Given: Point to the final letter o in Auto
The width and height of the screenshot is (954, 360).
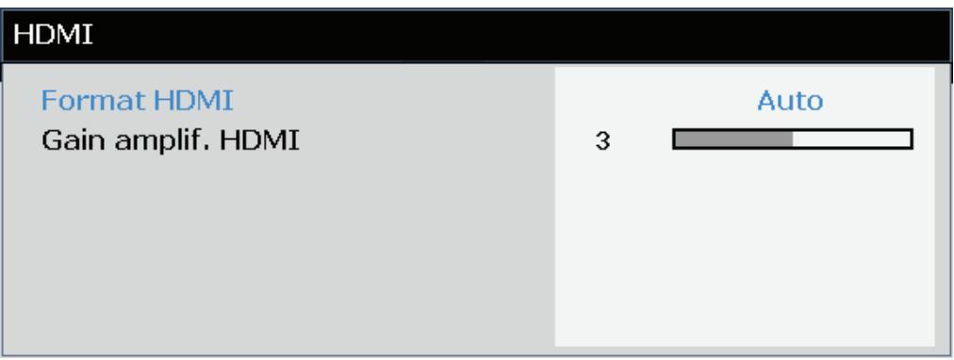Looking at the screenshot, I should [x=816, y=101].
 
